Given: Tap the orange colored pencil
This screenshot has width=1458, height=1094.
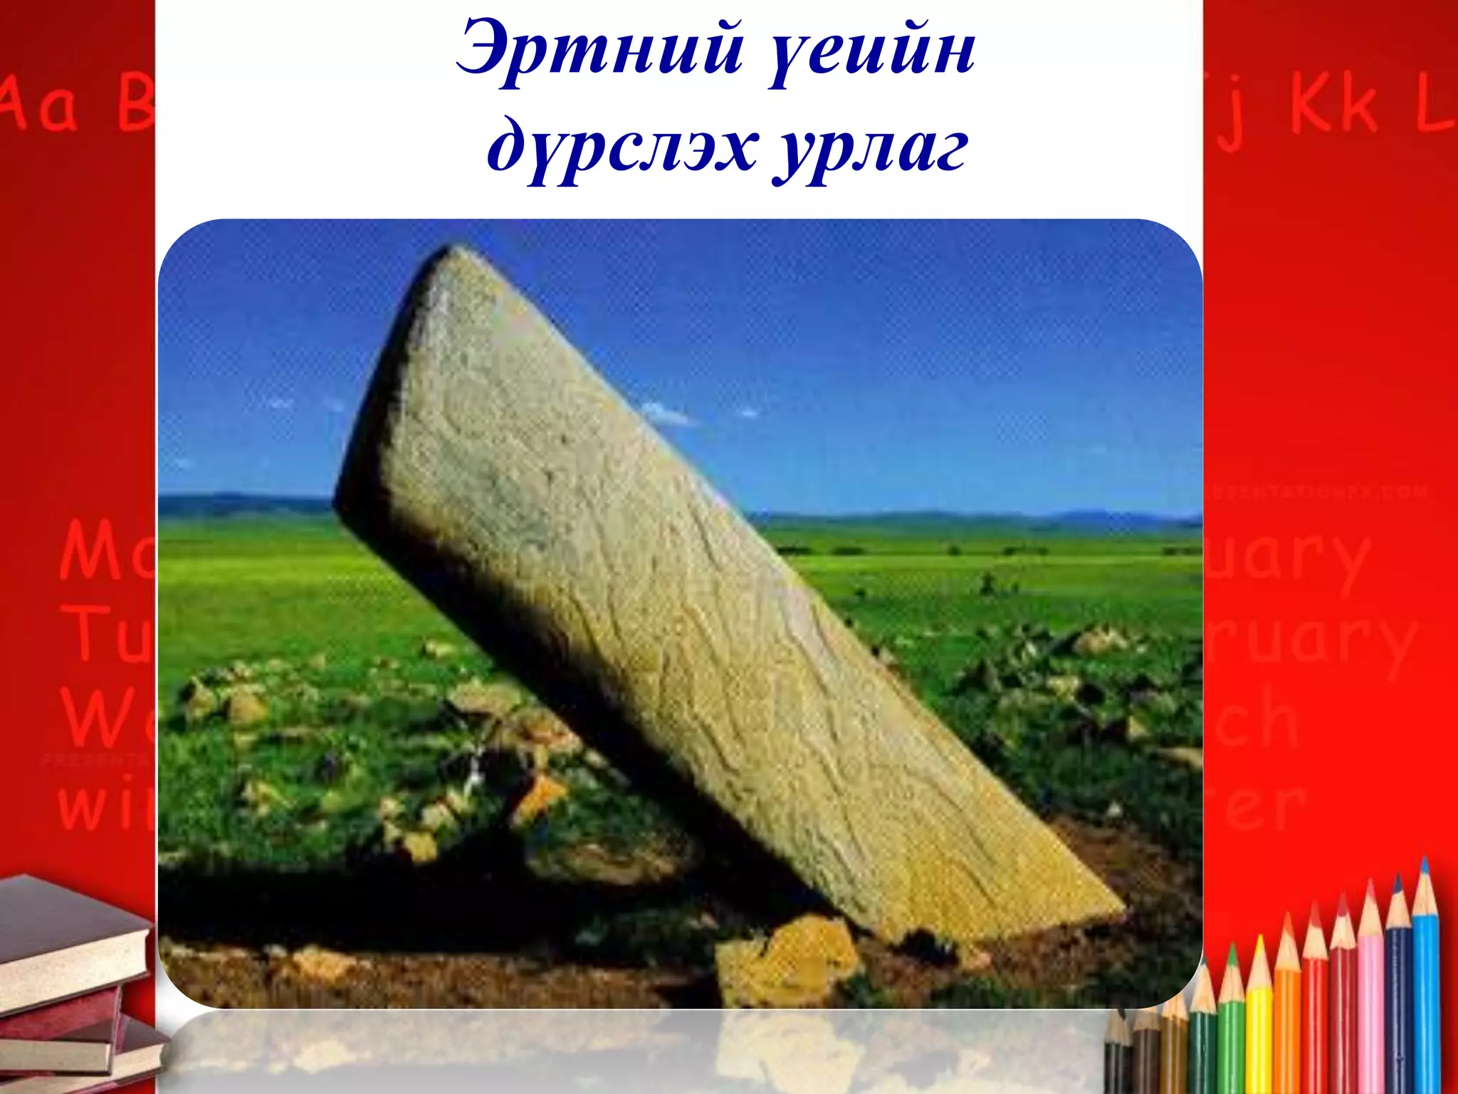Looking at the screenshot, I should tap(1287, 1011).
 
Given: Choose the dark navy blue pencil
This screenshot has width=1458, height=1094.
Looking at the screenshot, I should tap(1398, 990).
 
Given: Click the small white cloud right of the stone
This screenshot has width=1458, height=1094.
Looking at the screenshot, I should tap(666, 413).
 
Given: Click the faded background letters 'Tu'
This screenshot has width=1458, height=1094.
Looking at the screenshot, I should tap(107, 634).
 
